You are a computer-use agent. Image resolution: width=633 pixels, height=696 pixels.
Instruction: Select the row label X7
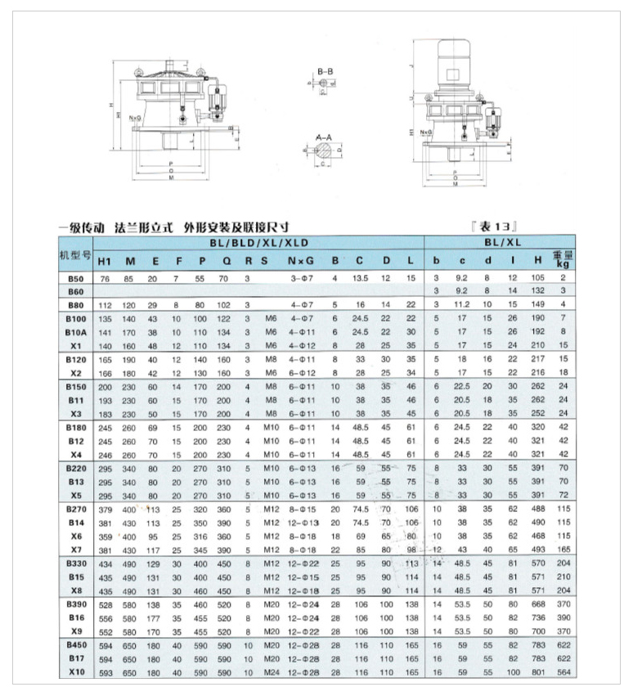75,548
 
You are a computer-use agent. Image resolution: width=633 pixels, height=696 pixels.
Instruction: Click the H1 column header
105,262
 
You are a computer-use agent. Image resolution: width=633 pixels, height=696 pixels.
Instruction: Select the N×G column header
302,262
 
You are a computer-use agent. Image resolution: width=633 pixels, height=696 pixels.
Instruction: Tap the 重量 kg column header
562,259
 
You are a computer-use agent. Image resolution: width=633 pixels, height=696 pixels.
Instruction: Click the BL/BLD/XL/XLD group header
258,242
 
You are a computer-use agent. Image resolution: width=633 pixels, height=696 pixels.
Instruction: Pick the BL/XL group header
498,242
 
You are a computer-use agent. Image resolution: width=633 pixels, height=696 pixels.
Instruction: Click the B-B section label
324,72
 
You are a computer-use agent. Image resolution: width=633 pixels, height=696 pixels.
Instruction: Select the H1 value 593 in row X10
105,672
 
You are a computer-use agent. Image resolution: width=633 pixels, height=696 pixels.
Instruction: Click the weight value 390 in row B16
562,617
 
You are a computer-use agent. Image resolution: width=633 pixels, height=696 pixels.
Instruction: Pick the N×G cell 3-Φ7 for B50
302,279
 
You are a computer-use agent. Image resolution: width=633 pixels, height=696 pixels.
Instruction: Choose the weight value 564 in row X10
562,672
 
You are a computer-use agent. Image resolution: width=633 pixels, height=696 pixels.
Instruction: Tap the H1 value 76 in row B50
105,279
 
